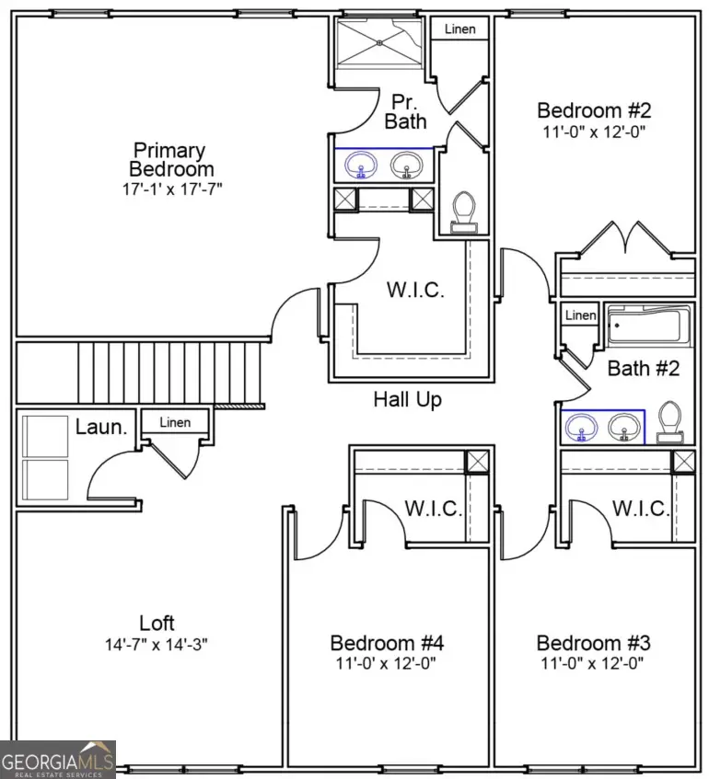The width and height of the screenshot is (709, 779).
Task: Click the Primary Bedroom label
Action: coord(170,159)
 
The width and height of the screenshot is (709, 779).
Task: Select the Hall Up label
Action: coord(407,399)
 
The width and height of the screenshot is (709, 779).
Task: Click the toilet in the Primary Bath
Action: coord(464,212)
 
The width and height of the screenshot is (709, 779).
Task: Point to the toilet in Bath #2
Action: coord(671,422)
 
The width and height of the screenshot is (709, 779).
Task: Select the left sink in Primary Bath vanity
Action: coord(361,166)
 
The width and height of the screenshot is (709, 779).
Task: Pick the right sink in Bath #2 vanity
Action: coord(626,427)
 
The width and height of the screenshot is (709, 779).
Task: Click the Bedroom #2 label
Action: coord(594,110)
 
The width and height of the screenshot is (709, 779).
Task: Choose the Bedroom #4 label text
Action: coord(387,642)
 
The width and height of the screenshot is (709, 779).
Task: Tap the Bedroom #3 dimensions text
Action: coord(593,663)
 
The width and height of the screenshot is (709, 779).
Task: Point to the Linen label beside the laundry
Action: coord(175,423)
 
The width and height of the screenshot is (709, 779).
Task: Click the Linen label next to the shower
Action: coord(460,29)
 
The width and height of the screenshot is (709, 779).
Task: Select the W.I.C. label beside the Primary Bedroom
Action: coord(414,291)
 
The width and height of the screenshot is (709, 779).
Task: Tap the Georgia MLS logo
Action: coord(58,759)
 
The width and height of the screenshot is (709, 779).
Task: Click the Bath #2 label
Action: coord(644,369)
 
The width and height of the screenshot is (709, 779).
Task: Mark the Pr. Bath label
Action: coord(405,110)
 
